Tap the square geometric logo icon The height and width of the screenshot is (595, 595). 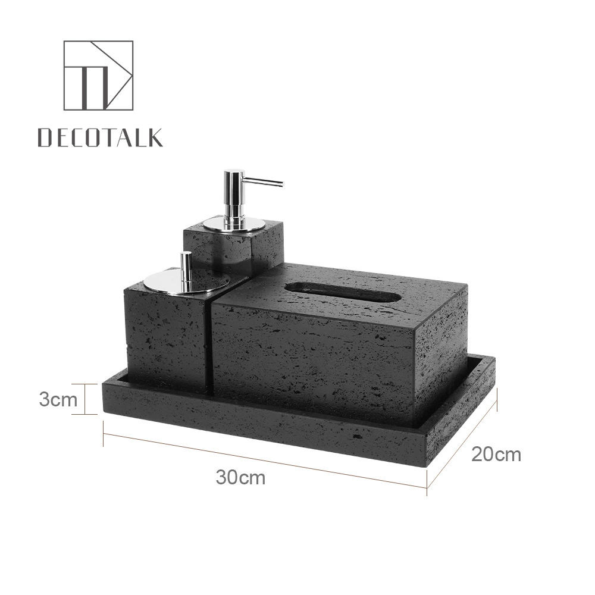[98, 75]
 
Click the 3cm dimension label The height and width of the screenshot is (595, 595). [58, 400]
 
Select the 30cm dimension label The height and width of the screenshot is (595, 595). [240, 477]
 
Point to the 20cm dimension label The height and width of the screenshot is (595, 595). [496, 454]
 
